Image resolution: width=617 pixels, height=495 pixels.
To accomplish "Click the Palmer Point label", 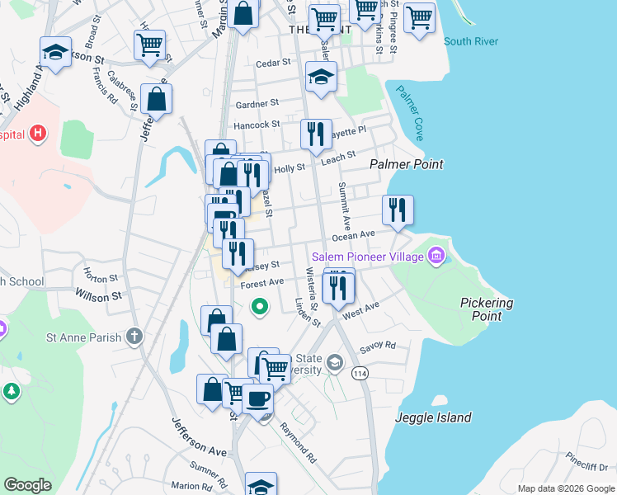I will coord(406,164).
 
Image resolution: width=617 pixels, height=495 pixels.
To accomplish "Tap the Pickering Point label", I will coord(486,309).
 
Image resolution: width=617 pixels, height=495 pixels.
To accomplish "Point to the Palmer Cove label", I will coord(409,112).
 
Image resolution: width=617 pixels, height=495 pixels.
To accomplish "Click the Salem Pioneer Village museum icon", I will coord(436,257).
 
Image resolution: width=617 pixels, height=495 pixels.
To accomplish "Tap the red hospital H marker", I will coord(37,133).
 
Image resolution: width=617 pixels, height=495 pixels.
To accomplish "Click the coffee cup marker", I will coord(257,398).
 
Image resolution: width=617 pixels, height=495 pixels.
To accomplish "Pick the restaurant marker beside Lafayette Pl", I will coord(316,134).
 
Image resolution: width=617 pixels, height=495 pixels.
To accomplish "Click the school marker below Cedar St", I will coord(321,78).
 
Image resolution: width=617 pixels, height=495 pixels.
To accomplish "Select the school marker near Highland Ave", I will coord(55,54).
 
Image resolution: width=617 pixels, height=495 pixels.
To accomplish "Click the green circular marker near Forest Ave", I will coord(260,308).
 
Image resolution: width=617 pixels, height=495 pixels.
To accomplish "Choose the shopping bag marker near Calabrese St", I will coord(156,100).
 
